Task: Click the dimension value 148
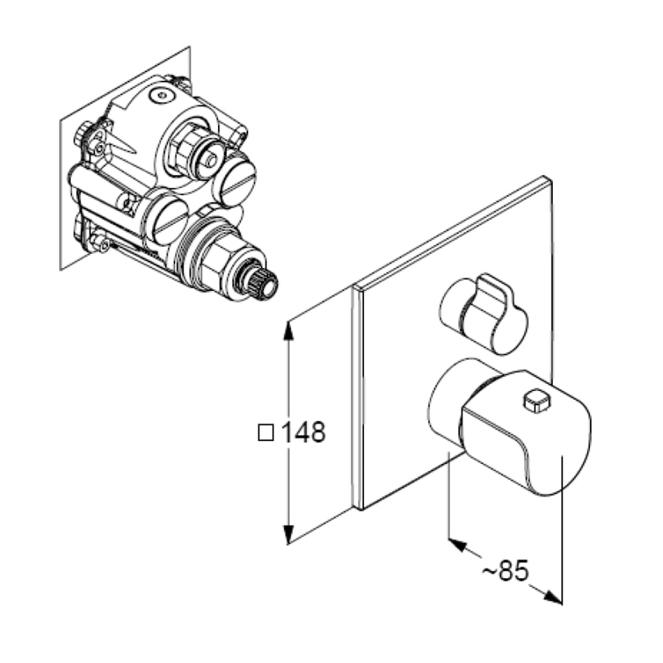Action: coord(303,432)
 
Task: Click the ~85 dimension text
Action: coord(505,570)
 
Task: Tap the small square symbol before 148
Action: coord(266,433)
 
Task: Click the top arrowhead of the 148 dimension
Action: coord(288,330)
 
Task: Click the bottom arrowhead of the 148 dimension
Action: coord(288,534)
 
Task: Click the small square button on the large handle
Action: coord(536,400)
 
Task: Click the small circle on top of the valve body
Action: coord(162,96)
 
